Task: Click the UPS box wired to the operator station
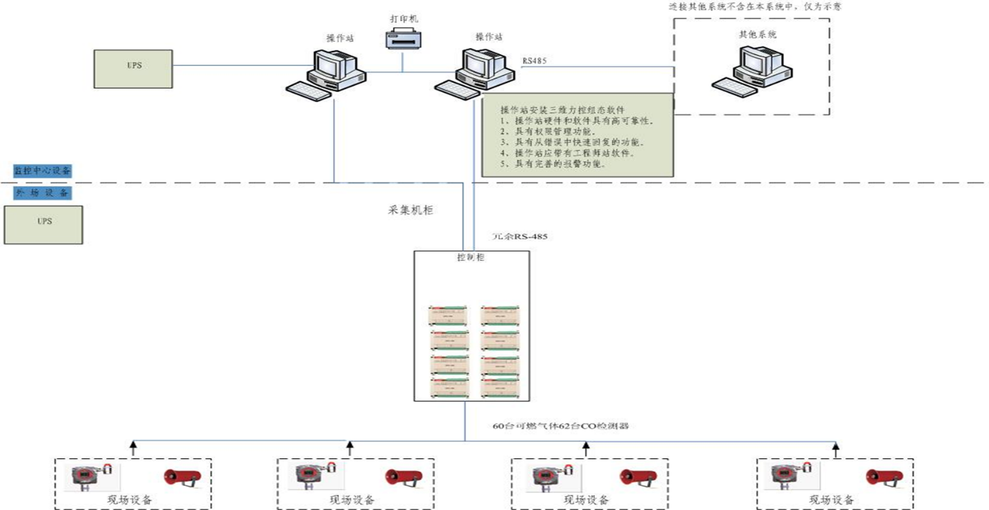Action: coord(133,69)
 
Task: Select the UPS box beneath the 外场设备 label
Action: coord(44,224)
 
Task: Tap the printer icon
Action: coord(403,40)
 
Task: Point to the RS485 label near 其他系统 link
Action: coord(534,61)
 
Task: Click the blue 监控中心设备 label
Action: coord(43,170)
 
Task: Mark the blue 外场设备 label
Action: coord(42,193)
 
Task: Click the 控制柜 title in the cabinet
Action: coord(470,258)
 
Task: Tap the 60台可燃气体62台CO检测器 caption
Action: coord(566,426)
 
